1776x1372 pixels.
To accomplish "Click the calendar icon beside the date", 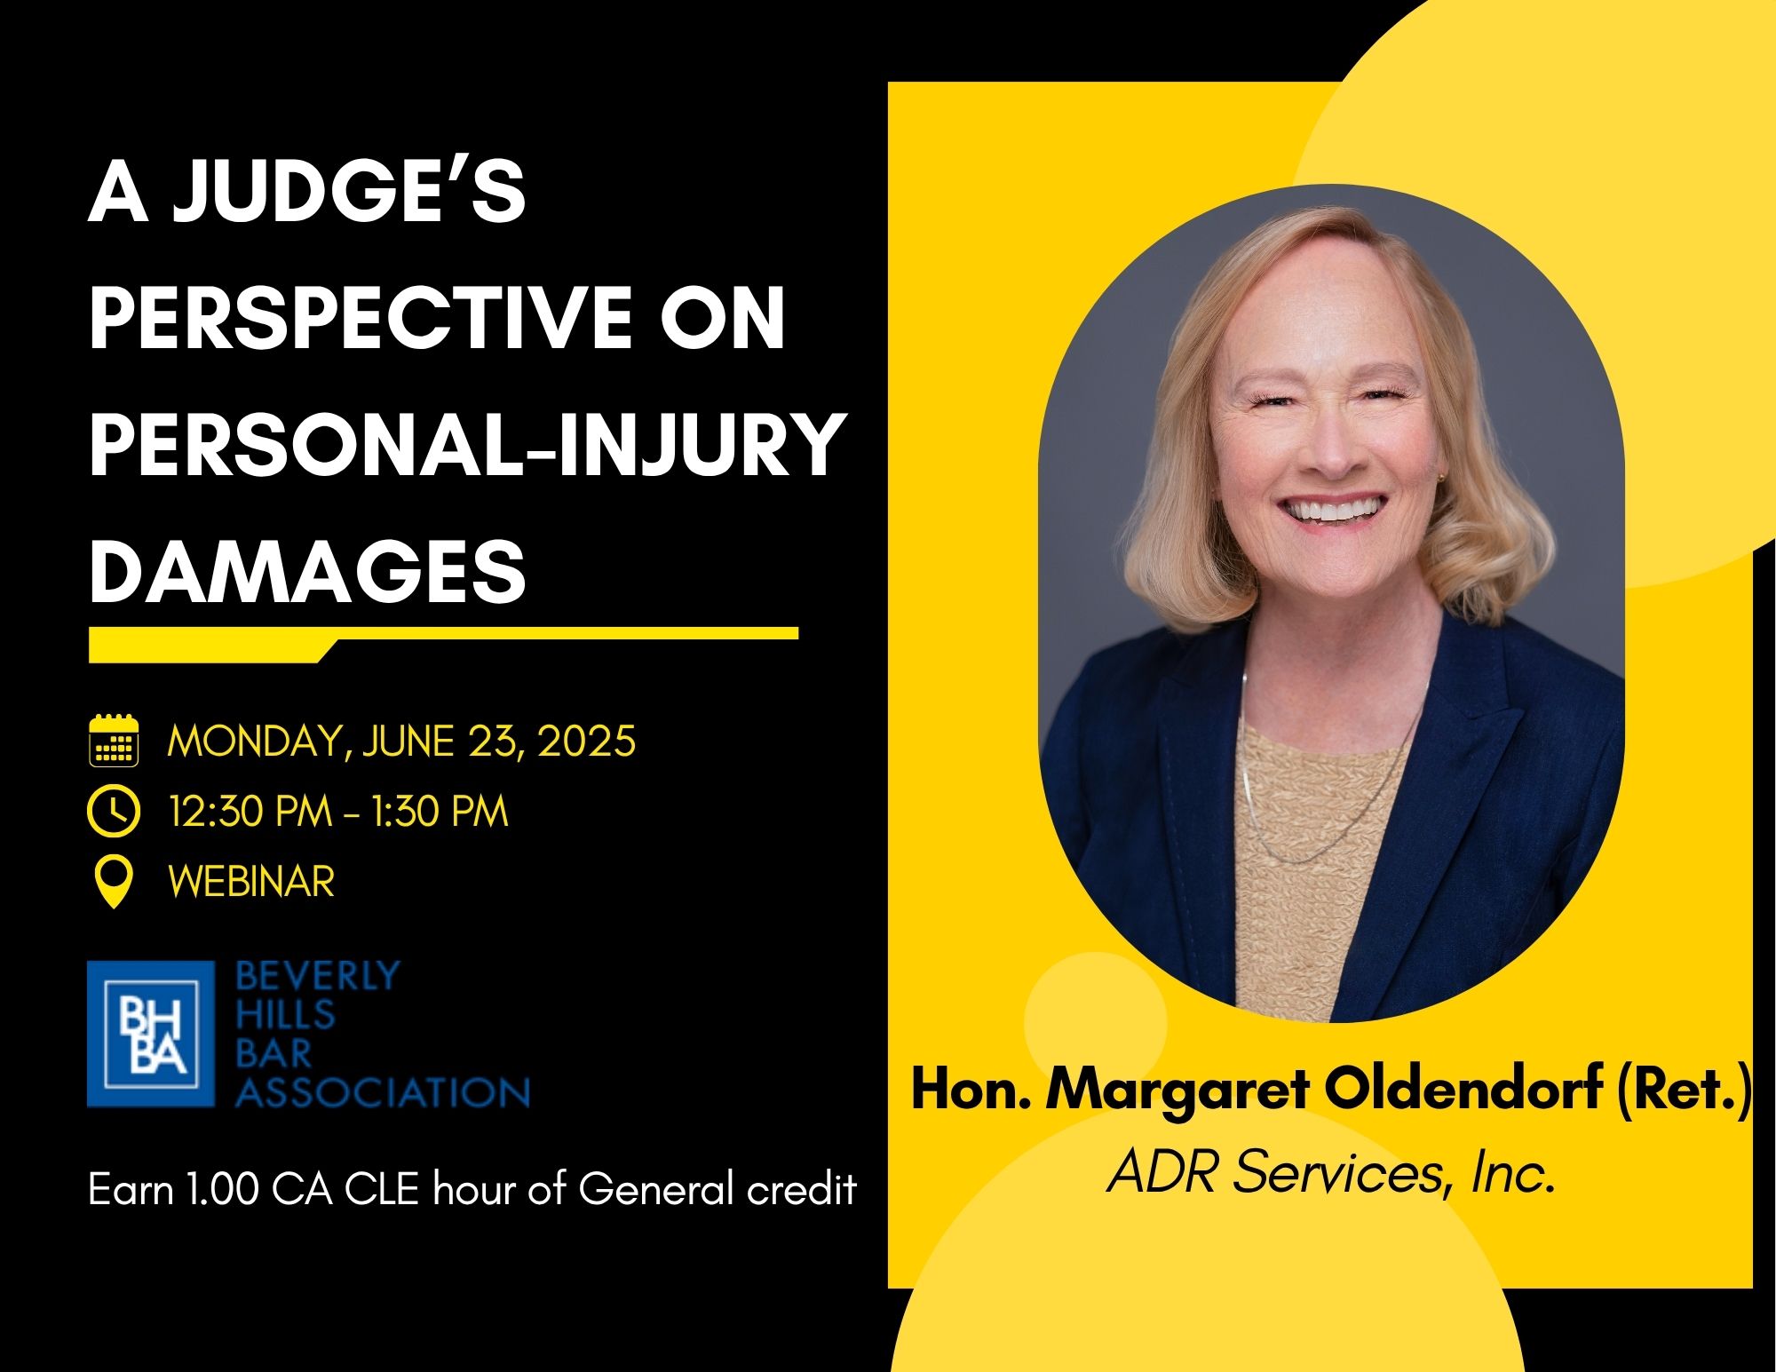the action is pyautogui.click(x=115, y=741).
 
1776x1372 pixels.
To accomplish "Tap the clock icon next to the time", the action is pyautogui.click(x=115, y=812).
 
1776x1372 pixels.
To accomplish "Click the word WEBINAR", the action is pyautogui.click(x=251, y=882).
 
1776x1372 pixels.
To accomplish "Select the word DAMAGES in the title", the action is pyautogui.click(x=308, y=570).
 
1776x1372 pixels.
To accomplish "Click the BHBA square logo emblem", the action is pyautogui.click(x=151, y=1034).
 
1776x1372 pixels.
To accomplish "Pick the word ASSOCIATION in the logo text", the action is pyautogui.click(x=383, y=1091).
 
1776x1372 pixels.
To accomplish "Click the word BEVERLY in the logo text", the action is pyautogui.click(x=318, y=977).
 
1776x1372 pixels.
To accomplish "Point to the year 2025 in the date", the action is pyautogui.click(x=586, y=741).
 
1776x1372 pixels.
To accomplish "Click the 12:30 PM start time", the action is pyautogui.click(x=250, y=812).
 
